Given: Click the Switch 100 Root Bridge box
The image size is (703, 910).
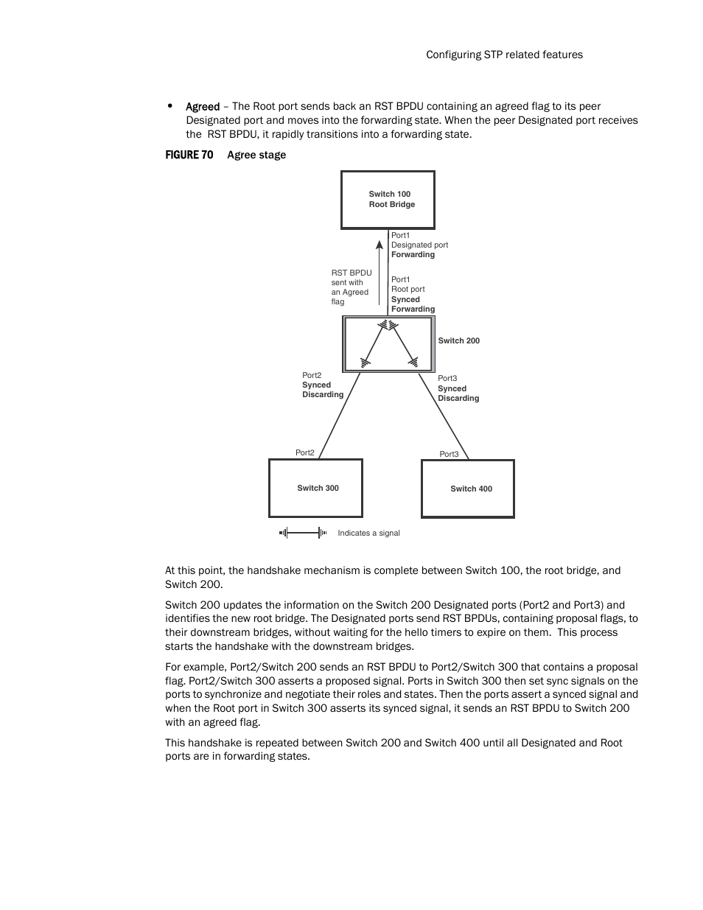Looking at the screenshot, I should (x=388, y=200).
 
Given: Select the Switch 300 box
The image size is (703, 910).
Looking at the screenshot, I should (x=315, y=488).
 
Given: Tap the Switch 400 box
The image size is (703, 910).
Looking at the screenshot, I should (x=467, y=489).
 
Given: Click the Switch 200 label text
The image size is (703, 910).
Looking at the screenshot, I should (x=458, y=341).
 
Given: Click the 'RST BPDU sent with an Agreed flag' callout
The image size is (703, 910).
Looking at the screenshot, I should (x=351, y=287).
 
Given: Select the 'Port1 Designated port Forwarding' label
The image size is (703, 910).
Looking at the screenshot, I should (x=419, y=245).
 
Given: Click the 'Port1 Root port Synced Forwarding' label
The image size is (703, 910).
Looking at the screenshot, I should (x=413, y=295).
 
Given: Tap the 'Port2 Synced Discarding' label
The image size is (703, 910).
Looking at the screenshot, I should (x=322, y=385).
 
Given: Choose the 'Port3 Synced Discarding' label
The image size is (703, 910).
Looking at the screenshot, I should (x=458, y=388).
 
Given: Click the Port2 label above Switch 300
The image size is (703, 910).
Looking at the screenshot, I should (x=304, y=452).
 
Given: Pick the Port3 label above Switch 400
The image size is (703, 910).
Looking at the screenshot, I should (x=449, y=454).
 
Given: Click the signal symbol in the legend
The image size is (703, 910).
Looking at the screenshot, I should (x=303, y=533).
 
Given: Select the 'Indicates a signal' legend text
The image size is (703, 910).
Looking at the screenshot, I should (x=368, y=533).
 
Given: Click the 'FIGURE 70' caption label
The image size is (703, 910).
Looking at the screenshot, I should (x=189, y=155).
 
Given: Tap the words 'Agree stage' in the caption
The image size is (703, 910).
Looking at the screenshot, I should (x=256, y=155).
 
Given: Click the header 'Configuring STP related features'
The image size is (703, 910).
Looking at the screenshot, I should (x=504, y=55).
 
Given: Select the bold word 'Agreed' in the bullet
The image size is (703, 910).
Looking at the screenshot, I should (x=203, y=106).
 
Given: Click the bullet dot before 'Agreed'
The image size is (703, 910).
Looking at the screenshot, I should (x=170, y=106).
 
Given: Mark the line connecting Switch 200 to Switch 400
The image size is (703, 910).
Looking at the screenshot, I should (x=444, y=416).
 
